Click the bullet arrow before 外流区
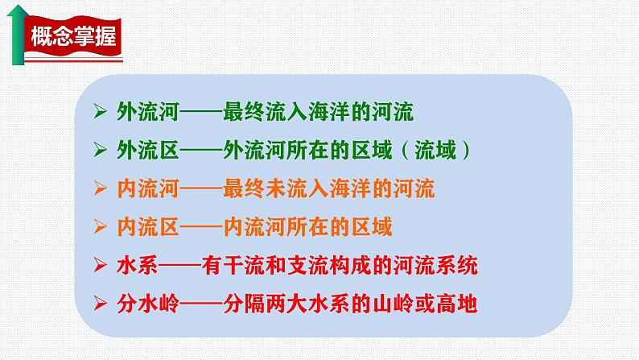[x=100, y=151]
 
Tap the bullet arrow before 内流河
[x=100, y=189]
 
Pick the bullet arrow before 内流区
[x=100, y=227]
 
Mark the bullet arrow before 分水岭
[x=100, y=304]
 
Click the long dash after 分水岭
[x=196, y=304]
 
